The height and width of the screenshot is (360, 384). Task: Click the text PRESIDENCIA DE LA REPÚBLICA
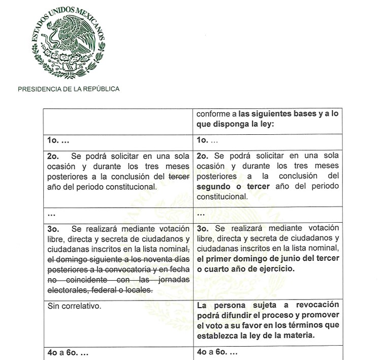[69, 89]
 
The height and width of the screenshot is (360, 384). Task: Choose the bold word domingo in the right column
[245, 259]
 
